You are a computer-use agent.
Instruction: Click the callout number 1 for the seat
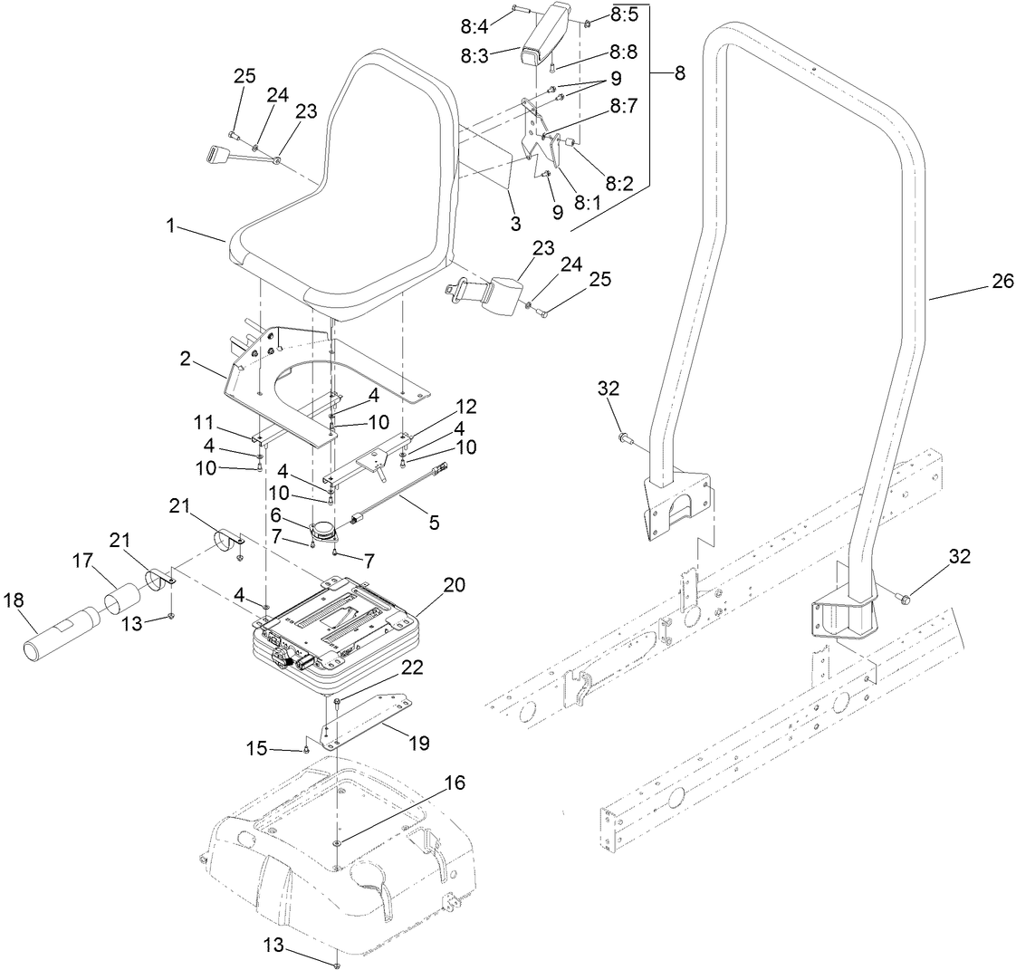[169, 225]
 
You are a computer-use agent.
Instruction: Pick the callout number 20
[455, 584]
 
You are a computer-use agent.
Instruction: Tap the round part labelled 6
[321, 533]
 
